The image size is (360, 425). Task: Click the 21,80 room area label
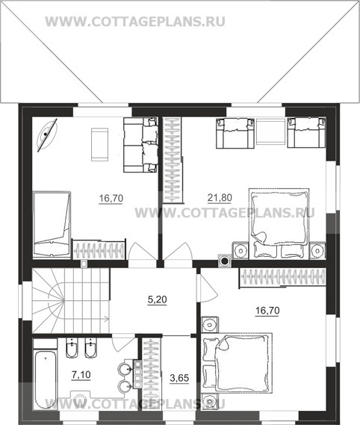point(220,198)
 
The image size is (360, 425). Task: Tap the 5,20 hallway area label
point(158,300)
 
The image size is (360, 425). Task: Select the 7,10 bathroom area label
point(81,375)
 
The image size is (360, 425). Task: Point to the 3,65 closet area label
point(179,378)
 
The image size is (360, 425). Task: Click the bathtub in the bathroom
point(46,380)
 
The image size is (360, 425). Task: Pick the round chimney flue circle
point(225,261)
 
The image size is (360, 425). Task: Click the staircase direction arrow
point(106,319)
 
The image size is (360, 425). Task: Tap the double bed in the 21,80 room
point(279,222)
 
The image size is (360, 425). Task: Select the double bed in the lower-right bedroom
point(237,363)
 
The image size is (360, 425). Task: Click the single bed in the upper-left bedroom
point(52,224)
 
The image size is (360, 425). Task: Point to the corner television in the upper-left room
point(47,134)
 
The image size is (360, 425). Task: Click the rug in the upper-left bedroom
point(100,144)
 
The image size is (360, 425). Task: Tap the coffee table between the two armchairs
point(270,132)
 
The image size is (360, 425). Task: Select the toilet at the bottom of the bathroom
point(80,399)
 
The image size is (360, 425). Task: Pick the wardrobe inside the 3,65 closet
point(151,373)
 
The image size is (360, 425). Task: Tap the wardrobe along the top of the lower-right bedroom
point(282,277)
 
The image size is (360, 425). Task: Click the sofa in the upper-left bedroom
point(140,145)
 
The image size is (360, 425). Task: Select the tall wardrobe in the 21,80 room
point(172,160)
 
